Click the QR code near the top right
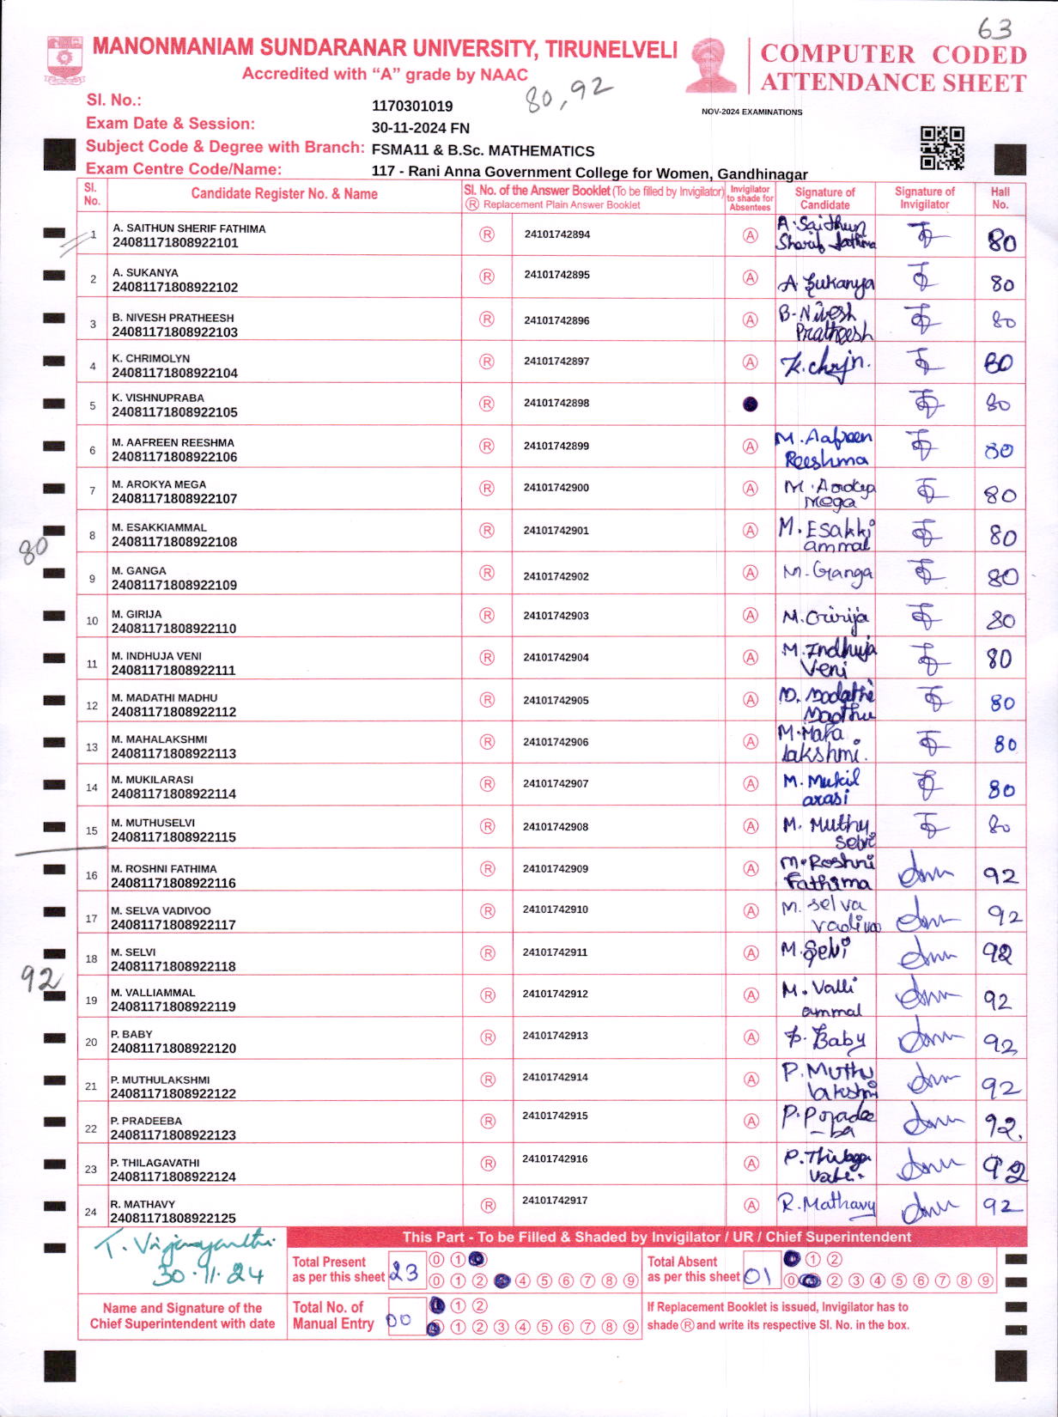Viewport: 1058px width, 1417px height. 942,148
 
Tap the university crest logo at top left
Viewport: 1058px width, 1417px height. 64,58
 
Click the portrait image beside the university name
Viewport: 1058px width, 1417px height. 711,64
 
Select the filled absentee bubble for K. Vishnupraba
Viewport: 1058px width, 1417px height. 750,404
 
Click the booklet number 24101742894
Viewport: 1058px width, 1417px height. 556,234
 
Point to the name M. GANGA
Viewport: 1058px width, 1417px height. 139,571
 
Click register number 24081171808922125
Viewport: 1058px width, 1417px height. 173,1218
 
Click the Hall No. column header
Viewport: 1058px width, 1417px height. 1000,198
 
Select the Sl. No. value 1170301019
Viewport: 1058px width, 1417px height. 412,106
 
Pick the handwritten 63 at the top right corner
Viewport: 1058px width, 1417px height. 994,28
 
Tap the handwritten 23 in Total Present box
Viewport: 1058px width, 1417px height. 404,1273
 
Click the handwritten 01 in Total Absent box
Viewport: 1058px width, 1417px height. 757,1275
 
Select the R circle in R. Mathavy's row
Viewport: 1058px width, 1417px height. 488,1205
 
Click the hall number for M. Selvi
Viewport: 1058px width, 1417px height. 998,953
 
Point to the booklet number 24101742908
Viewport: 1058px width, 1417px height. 556,827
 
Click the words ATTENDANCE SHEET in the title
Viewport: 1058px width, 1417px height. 893,82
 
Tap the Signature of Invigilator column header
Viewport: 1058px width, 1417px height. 924,198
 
